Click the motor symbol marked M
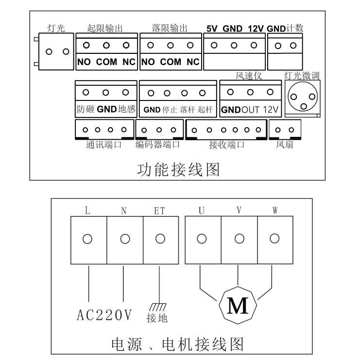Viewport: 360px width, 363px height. click(238, 304)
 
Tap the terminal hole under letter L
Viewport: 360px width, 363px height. click(88, 239)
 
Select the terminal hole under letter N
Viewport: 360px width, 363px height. click(124, 239)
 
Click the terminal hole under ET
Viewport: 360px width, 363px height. click(160, 239)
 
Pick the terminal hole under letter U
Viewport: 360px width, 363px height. click(203, 239)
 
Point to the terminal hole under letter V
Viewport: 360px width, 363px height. click(239, 239)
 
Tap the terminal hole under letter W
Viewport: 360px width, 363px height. click(274, 239)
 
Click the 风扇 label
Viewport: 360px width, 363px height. click(285, 144)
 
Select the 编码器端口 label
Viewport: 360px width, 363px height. click(158, 144)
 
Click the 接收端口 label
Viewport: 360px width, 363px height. click(226, 144)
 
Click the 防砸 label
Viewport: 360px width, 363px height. click(85, 109)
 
